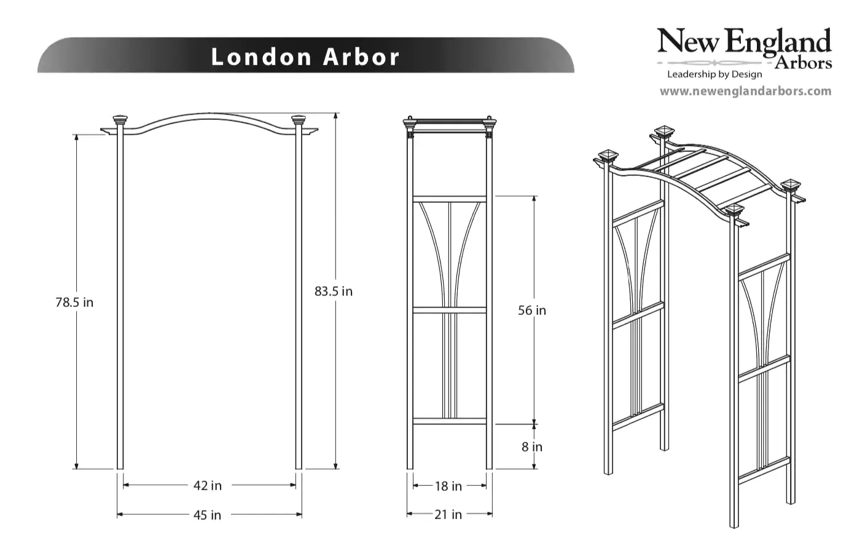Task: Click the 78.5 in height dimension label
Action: (x=74, y=303)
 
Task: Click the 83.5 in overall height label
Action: (x=334, y=292)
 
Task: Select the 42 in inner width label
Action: (x=208, y=486)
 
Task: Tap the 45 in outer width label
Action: (x=208, y=515)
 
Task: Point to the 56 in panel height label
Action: (x=531, y=311)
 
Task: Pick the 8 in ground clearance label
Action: (x=532, y=447)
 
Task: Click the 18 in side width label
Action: (x=448, y=486)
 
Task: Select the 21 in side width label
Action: (x=448, y=515)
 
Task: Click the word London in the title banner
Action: (x=262, y=57)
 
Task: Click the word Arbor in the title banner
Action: (x=361, y=57)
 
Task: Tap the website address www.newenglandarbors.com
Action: (x=745, y=92)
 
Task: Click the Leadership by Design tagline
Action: (x=714, y=74)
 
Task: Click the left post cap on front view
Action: (x=120, y=119)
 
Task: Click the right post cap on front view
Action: (x=299, y=119)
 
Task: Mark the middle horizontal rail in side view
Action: (x=450, y=311)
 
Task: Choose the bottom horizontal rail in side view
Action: (x=450, y=421)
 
